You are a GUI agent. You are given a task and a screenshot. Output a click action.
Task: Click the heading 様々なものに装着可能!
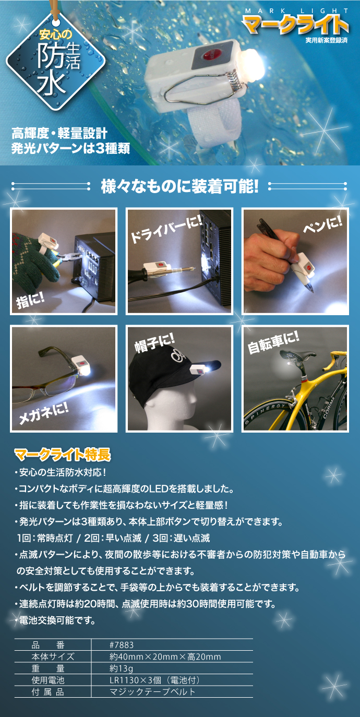179,186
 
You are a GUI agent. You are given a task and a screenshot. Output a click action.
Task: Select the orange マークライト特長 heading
62,455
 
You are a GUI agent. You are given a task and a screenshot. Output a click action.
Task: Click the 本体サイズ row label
53,656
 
